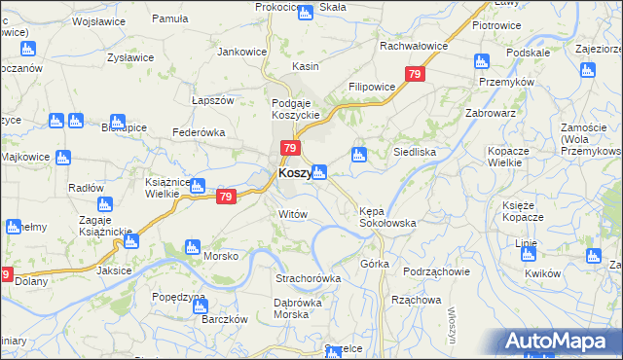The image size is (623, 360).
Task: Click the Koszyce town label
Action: (294, 173)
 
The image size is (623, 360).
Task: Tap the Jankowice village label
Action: (242, 51)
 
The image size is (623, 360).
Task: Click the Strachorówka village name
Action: (308, 278)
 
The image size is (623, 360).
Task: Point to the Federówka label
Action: (199, 132)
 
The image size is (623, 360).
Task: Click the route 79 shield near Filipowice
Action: (416, 74)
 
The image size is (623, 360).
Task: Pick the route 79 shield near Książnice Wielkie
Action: (226, 197)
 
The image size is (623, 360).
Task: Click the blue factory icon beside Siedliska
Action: (359, 154)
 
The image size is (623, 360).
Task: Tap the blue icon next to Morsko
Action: (193, 247)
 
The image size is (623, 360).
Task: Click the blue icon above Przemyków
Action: (481, 62)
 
